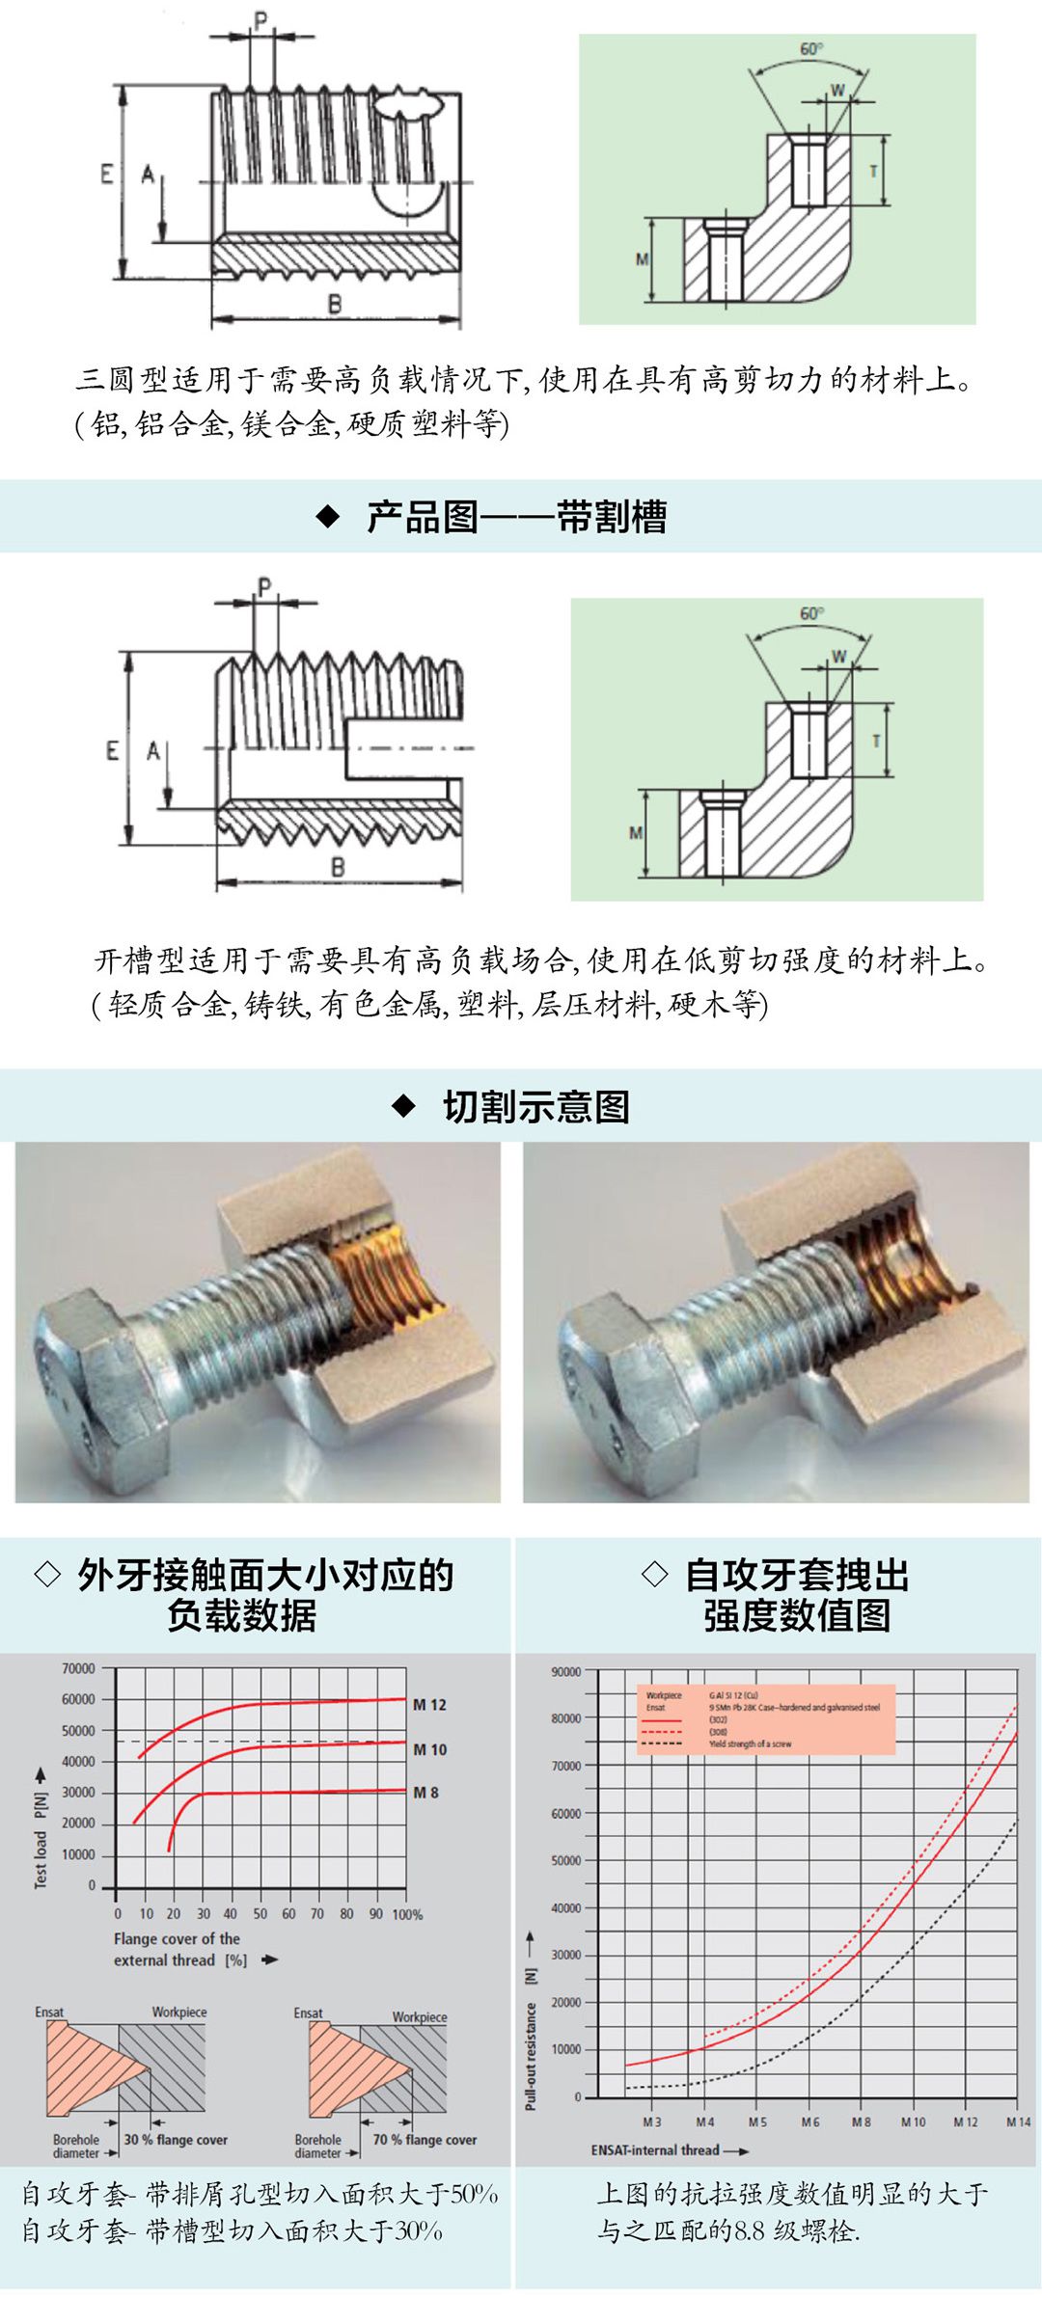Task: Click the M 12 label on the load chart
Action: coord(429,1704)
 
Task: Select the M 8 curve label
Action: coord(425,1792)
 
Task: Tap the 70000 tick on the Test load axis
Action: coord(78,1668)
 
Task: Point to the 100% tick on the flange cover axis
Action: coord(407,1914)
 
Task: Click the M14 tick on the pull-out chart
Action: coord(1018,2121)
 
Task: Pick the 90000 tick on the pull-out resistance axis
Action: coord(566,1671)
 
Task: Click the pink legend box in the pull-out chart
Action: coord(766,1719)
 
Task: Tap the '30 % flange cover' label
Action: coord(176,2140)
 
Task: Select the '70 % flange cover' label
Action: coord(425,2140)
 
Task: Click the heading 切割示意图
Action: coord(535,1106)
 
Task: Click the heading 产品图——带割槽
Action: coord(516,517)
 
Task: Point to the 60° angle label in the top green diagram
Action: coord(811,48)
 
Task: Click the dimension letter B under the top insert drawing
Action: coord(335,304)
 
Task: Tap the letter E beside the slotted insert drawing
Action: coord(112,749)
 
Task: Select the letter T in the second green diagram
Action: coord(875,741)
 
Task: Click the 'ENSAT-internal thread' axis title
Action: coord(656,2150)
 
